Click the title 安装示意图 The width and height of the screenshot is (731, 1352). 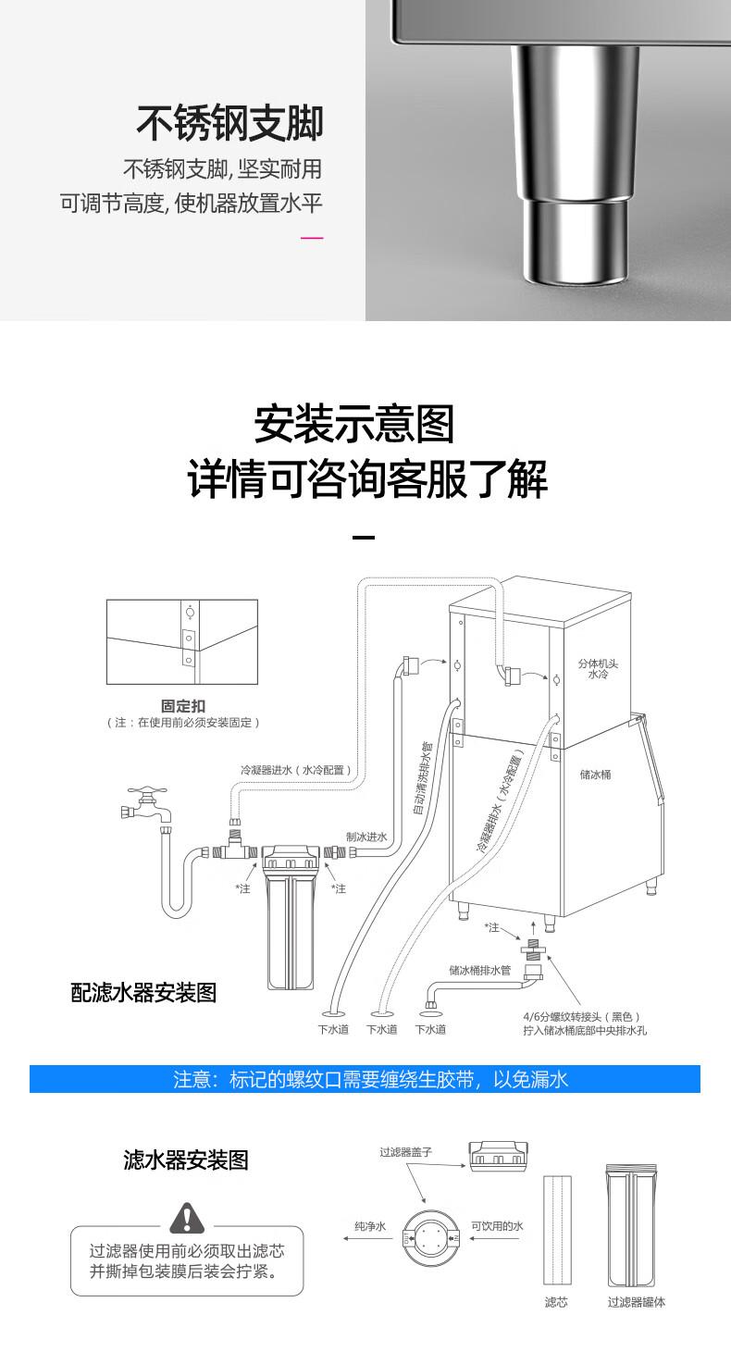point(354,424)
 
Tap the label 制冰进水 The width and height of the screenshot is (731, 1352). point(366,837)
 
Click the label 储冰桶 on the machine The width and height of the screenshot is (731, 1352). point(595,774)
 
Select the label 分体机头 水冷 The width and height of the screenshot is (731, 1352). point(592,669)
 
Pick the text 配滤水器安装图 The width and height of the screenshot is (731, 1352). point(143,992)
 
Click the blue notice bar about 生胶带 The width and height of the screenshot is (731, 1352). point(365,1079)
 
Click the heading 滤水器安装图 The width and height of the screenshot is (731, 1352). point(186,1160)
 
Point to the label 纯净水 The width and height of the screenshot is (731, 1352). point(370,1226)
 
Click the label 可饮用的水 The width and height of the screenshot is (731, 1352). point(497,1226)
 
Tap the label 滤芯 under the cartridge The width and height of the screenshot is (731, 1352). point(555,1302)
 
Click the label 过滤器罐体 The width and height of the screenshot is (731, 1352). point(636,1302)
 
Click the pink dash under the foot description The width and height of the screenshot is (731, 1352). point(312,239)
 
